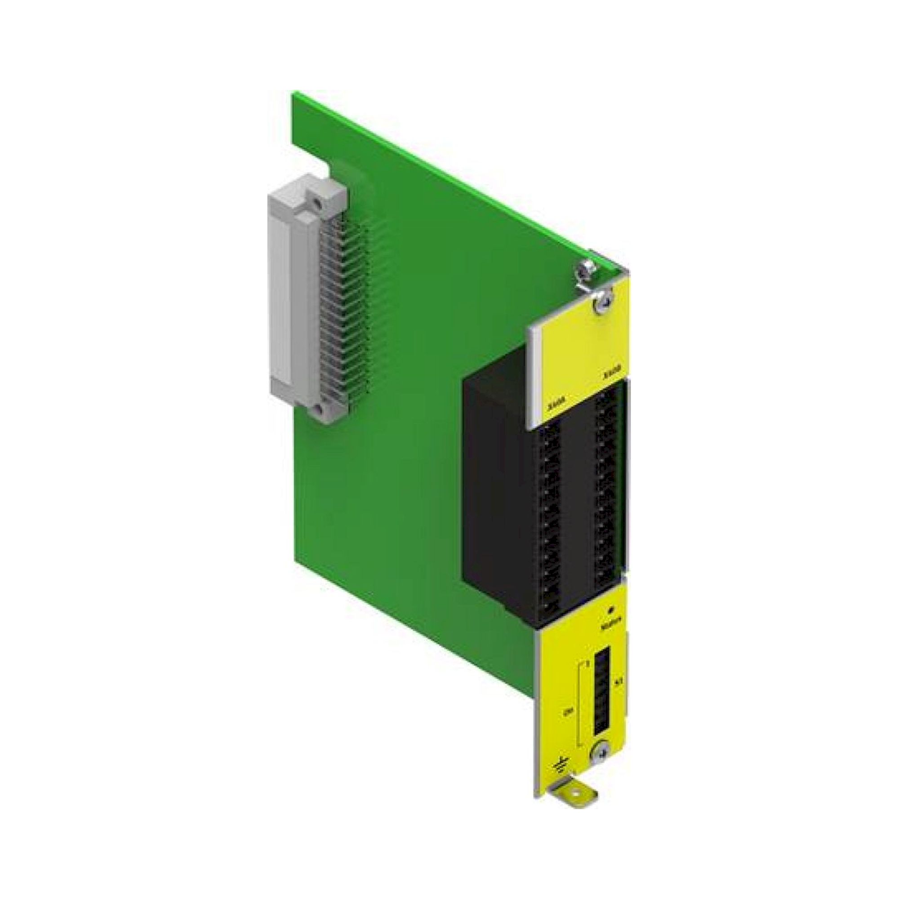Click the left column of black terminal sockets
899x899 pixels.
549,516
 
